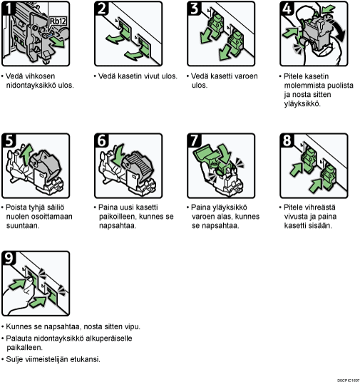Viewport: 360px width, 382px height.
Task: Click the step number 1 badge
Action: click(x=7, y=9)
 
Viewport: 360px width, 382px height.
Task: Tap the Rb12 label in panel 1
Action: click(x=58, y=21)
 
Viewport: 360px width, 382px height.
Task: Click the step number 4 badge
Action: click(x=287, y=9)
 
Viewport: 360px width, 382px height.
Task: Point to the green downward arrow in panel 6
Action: click(x=118, y=155)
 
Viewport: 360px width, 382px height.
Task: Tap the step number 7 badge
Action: click(x=194, y=140)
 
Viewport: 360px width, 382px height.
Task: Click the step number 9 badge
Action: click(x=9, y=258)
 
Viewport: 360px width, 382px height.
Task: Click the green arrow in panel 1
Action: click(x=58, y=42)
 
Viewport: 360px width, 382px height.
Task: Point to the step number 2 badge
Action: click(x=101, y=9)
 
